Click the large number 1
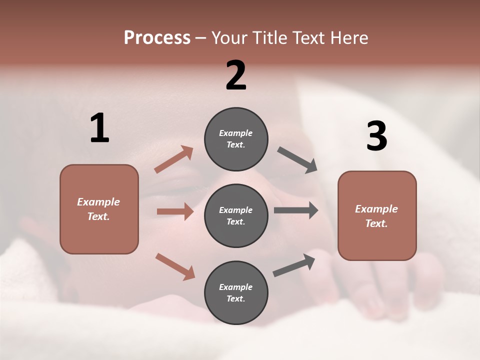[x=99, y=128]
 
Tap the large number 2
[x=236, y=75]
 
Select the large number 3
[x=376, y=136]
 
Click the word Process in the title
[x=157, y=37]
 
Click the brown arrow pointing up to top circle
[x=174, y=160]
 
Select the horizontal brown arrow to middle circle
[x=175, y=211]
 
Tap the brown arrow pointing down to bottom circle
[x=175, y=266]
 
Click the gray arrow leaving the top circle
[x=297, y=160]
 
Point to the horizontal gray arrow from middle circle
[x=296, y=210]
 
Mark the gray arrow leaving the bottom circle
[x=294, y=265]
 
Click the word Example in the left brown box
[x=98, y=202]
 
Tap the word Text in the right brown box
[x=376, y=223]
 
